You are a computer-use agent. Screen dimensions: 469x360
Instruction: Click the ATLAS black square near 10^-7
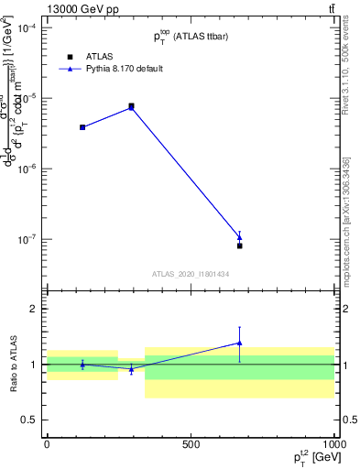[240, 245]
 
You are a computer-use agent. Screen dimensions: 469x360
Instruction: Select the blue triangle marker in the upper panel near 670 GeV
[240, 237]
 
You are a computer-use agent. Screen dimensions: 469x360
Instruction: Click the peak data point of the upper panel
[132, 106]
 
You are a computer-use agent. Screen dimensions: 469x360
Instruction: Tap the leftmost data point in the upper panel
[82, 127]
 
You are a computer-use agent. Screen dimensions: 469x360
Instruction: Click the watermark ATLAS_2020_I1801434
[190, 274]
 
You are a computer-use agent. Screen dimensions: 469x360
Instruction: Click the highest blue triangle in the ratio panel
[240, 344]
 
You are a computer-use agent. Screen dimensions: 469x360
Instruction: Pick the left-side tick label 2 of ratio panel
[36, 309]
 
